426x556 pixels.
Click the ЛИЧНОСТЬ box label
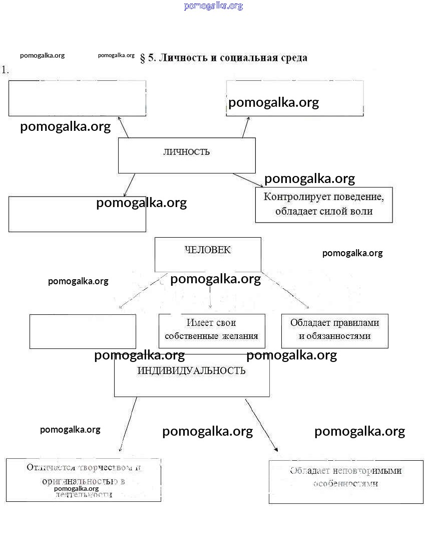coord(186,152)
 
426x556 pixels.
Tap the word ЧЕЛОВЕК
coord(208,250)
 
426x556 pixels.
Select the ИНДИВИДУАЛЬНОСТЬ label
coord(191,370)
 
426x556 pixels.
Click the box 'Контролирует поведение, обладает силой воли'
coord(324,205)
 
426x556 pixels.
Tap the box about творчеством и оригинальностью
coord(83,480)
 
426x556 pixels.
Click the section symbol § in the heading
coord(143,58)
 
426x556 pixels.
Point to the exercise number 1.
coord(6,70)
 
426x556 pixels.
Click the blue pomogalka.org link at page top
coord(213,6)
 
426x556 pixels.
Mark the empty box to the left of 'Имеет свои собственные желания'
coord(83,331)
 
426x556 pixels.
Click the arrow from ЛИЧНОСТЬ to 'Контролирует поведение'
coord(248,180)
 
